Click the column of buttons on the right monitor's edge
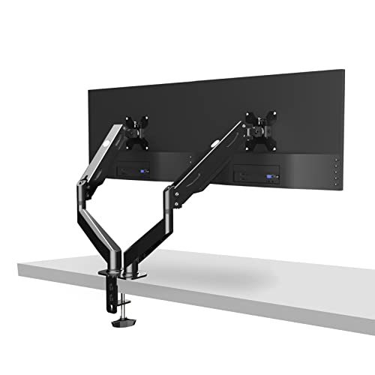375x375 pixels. click(x=337, y=174)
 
